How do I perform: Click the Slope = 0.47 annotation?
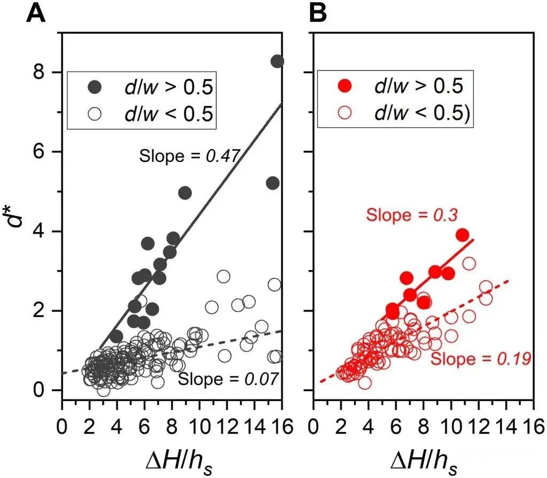point(188,156)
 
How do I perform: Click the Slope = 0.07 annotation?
point(228,380)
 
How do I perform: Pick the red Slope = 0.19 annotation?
point(480,358)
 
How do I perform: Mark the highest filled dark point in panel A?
point(277,61)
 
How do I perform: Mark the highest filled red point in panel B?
point(463,235)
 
